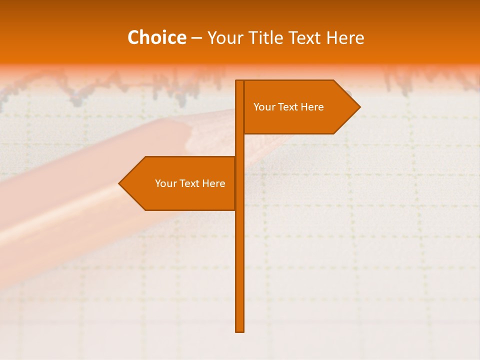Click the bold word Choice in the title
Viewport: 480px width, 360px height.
point(156,38)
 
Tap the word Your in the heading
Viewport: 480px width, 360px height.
point(224,38)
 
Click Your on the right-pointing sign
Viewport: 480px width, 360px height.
point(263,107)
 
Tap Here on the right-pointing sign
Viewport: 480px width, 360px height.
point(313,107)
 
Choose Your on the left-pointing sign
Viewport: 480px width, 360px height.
point(165,183)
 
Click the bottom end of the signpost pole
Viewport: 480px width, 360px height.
point(240,329)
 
